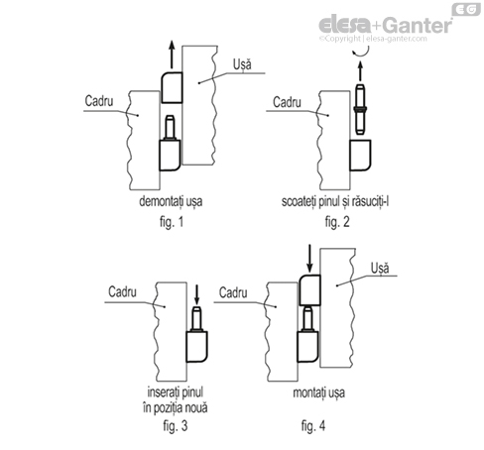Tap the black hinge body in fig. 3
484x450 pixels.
197,347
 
